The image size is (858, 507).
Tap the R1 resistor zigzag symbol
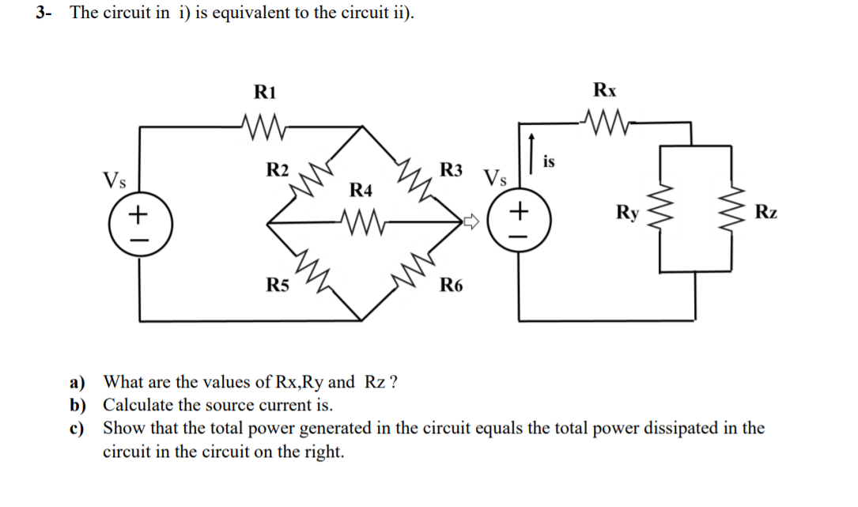pyautogui.click(x=259, y=123)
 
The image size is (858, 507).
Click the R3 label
pyautogui.click(x=451, y=168)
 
